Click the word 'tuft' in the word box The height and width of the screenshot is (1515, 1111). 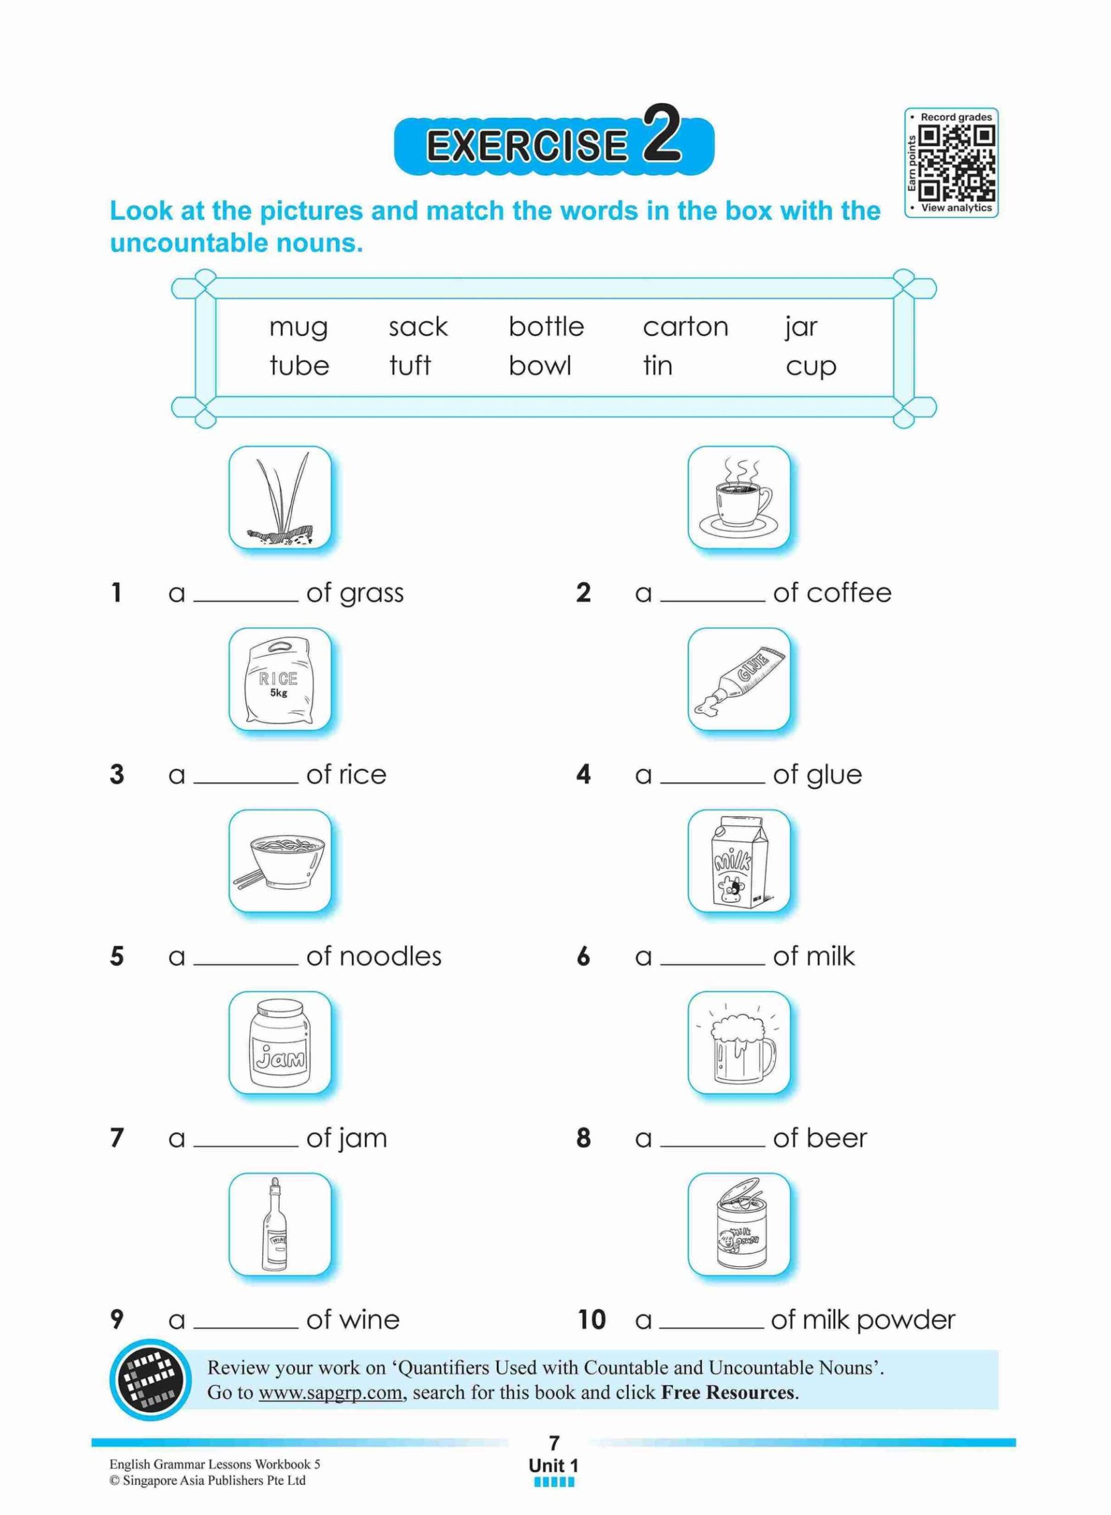[x=410, y=366]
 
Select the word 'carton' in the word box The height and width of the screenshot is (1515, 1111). [x=685, y=328]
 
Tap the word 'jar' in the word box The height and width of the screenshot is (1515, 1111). [x=801, y=328]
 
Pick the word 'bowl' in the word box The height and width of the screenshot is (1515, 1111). [x=539, y=366]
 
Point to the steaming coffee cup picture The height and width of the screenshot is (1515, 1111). [x=738, y=497]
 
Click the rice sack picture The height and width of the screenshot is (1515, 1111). [x=280, y=680]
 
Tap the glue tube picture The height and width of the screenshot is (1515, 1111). [x=738, y=680]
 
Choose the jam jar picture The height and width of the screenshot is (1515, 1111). [x=280, y=1043]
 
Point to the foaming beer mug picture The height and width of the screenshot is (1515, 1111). [x=738, y=1043]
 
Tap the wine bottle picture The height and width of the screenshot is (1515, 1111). [x=280, y=1224]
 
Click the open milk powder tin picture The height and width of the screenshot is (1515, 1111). [x=738, y=1224]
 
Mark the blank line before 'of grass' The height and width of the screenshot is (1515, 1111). [x=246, y=598]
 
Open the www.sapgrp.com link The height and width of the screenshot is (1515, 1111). [x=330, y=1393]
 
